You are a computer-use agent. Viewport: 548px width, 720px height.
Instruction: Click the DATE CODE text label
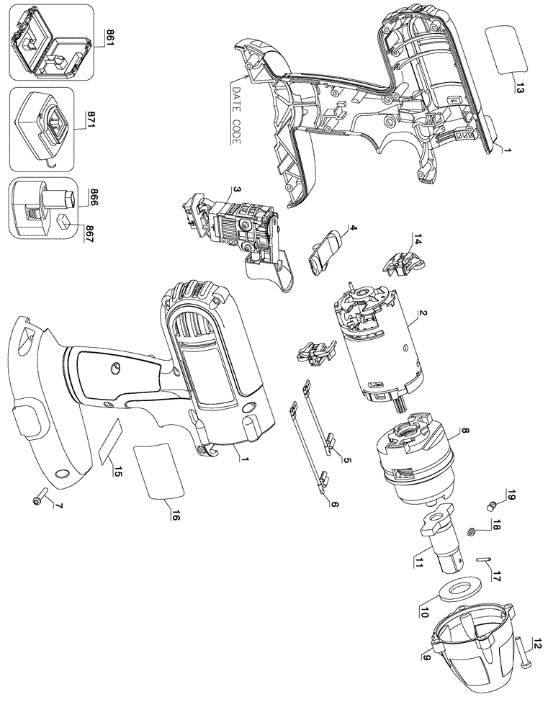236,114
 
